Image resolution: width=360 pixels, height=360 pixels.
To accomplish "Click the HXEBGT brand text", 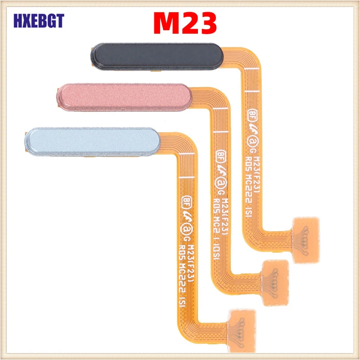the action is tap(39, 20).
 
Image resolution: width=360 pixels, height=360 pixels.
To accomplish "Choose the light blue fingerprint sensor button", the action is tap(92, 139).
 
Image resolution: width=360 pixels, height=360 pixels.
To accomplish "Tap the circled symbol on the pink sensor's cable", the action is tap(220, 182).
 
